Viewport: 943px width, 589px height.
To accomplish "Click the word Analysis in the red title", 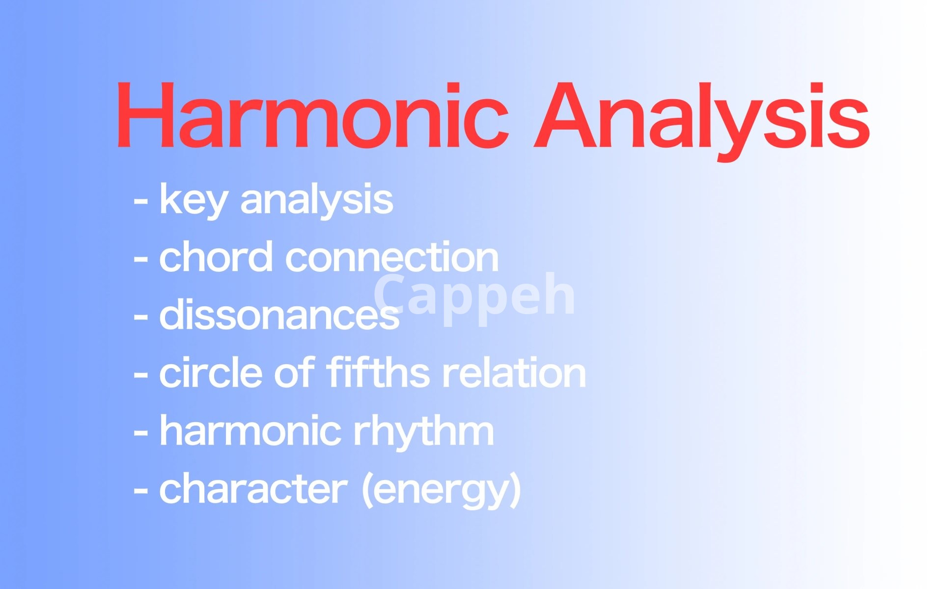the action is tap(702, 121).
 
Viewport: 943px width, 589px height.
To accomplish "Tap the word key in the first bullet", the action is tap(194, 200).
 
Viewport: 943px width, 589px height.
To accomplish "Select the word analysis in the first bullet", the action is tap(317, 200).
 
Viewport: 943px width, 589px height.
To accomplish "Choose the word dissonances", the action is tap(279, 314).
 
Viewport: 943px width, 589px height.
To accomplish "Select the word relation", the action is tap(514, 372).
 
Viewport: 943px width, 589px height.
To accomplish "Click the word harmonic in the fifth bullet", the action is tap(250, 430).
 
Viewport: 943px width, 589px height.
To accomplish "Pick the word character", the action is tap(253, 488).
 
